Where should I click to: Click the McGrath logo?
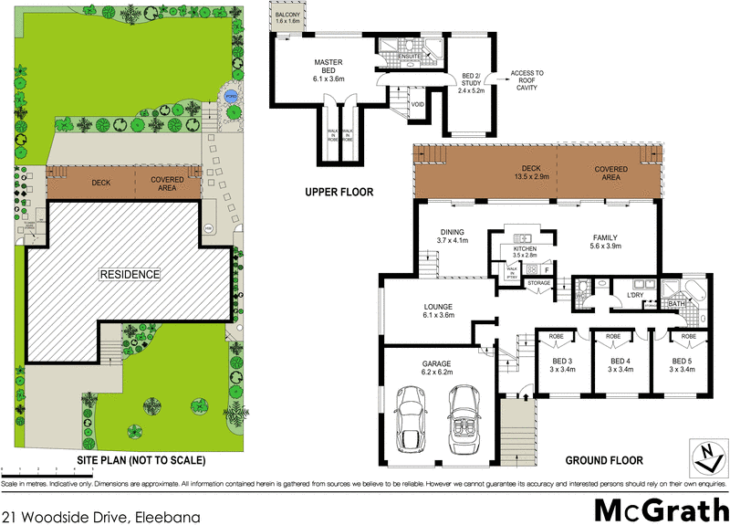click(656, 508)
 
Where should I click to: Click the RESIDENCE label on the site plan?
click(130, 274)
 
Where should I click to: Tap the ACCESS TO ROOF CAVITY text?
click(527, 79)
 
